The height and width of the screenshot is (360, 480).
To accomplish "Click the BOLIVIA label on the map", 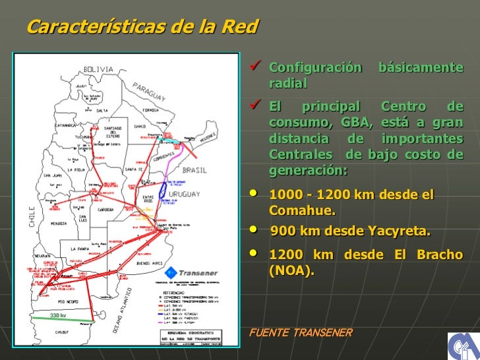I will [x=99, y=69].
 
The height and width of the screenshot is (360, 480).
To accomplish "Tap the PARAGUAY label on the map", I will [x=151, y=93].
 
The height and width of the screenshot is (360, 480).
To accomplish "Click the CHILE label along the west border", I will [x=30, y=215].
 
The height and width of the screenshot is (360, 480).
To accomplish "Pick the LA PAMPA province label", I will [x=82, y=249].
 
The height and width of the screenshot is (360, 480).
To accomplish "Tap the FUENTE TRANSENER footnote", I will [x=299, y=332].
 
